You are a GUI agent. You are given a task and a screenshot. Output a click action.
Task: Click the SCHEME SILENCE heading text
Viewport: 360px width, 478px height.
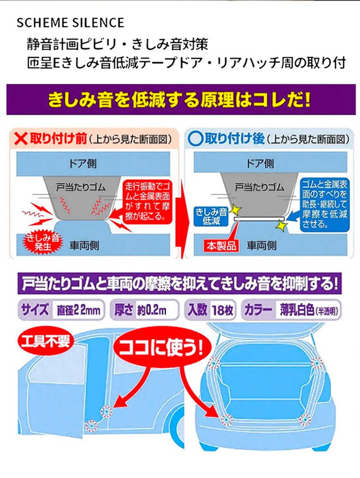tap(70, 23)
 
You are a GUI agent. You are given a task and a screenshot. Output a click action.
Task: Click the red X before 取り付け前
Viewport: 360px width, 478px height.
tap(21, 139)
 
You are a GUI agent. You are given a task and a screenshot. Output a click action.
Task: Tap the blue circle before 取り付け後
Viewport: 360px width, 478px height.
tap(195, 139)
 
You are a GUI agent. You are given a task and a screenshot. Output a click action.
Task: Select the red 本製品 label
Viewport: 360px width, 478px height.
tap(221, 246)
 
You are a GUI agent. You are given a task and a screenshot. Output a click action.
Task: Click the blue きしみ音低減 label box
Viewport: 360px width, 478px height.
tap(211, 216)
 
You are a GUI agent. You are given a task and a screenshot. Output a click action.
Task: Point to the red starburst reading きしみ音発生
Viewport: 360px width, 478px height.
tap(43, 242)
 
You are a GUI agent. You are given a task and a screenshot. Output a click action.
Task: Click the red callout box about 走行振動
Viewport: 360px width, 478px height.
tap(147, 202)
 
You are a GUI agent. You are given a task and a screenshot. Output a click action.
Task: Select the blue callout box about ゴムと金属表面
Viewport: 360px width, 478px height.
tap(324, 204)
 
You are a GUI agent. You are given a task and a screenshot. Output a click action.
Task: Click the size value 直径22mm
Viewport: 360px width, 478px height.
tap(78, 310)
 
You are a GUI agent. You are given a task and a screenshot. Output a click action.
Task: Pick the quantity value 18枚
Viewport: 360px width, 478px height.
tap(223, 310)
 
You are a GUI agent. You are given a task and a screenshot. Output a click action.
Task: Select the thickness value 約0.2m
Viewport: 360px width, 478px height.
tap(151, 310)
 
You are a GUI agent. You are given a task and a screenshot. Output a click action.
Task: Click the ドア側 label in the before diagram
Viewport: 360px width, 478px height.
tap(83, 164)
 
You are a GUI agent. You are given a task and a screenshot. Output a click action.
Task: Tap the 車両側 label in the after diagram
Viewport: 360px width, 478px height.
tap(261, 245)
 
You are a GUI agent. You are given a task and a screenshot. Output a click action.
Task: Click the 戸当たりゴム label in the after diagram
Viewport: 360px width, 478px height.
tap(259, 187)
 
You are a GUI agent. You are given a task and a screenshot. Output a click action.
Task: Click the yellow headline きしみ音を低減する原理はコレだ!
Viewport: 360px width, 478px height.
tap(180, 100)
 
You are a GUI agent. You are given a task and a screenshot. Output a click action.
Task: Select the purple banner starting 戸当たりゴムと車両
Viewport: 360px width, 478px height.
tap(180, 284)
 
